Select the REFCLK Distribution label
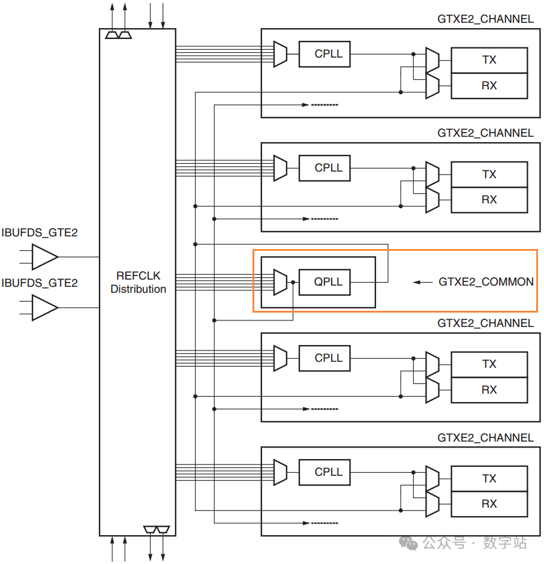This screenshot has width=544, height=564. [x=139, y=283]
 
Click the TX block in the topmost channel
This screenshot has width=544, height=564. [x=489, y=60]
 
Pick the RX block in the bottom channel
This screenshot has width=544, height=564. [x=489, y=504]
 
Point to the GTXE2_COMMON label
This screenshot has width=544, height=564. [x=486, y=281]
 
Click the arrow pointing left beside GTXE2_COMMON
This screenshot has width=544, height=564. [x=423, y=283]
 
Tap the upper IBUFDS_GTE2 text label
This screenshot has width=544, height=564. [x=40, y=233]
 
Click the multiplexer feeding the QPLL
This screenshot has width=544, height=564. [x=280, y=283]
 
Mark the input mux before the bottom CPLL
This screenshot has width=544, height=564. [x=280, y=472]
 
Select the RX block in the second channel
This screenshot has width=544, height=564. [x=489, y=200]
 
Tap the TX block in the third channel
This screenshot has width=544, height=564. [x=489, y=364]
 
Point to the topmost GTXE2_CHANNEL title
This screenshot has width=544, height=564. [x=485, y=19]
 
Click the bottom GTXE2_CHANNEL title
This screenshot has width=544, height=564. [x=485, y=438]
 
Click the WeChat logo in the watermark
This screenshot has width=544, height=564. [x=408, y=543]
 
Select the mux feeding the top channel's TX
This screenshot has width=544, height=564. [x=432, y=60]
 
